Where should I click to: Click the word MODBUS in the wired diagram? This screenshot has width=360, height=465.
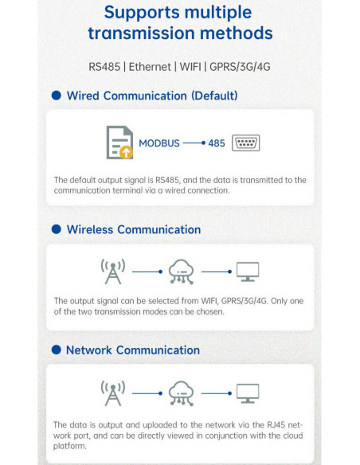tap(159, 143)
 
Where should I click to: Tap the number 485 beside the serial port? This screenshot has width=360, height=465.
tap(217, 143)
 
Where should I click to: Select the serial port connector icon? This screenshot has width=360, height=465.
tap(245, 143)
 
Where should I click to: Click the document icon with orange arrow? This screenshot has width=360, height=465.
tap(119, 143)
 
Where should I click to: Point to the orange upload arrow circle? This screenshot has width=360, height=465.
tap(127, 152)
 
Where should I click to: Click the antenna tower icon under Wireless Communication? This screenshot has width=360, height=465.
tap(113, 272)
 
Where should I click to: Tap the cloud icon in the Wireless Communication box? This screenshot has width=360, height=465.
tap(181, 272)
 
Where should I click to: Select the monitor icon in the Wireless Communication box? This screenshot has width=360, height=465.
tap(248, 272)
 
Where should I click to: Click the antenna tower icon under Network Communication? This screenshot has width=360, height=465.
tap(113, 393)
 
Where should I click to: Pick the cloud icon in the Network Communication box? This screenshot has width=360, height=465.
tap(181, 393)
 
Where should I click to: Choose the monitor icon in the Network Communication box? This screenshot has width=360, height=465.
tap(248, 393)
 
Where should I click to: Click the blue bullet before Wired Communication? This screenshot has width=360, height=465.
tap(57, 96)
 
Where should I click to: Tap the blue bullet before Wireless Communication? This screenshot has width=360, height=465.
tap(57, 229)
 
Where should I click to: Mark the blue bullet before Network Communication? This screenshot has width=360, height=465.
tap(57, 350)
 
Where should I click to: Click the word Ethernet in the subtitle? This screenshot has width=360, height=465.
tap(150, 67)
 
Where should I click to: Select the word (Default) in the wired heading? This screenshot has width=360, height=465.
tap(214, 96)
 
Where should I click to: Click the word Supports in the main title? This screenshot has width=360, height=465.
tap(142, 13)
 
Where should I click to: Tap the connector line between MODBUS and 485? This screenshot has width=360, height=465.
tap(194, 143)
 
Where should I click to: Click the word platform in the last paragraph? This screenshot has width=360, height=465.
tap(69, 447)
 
